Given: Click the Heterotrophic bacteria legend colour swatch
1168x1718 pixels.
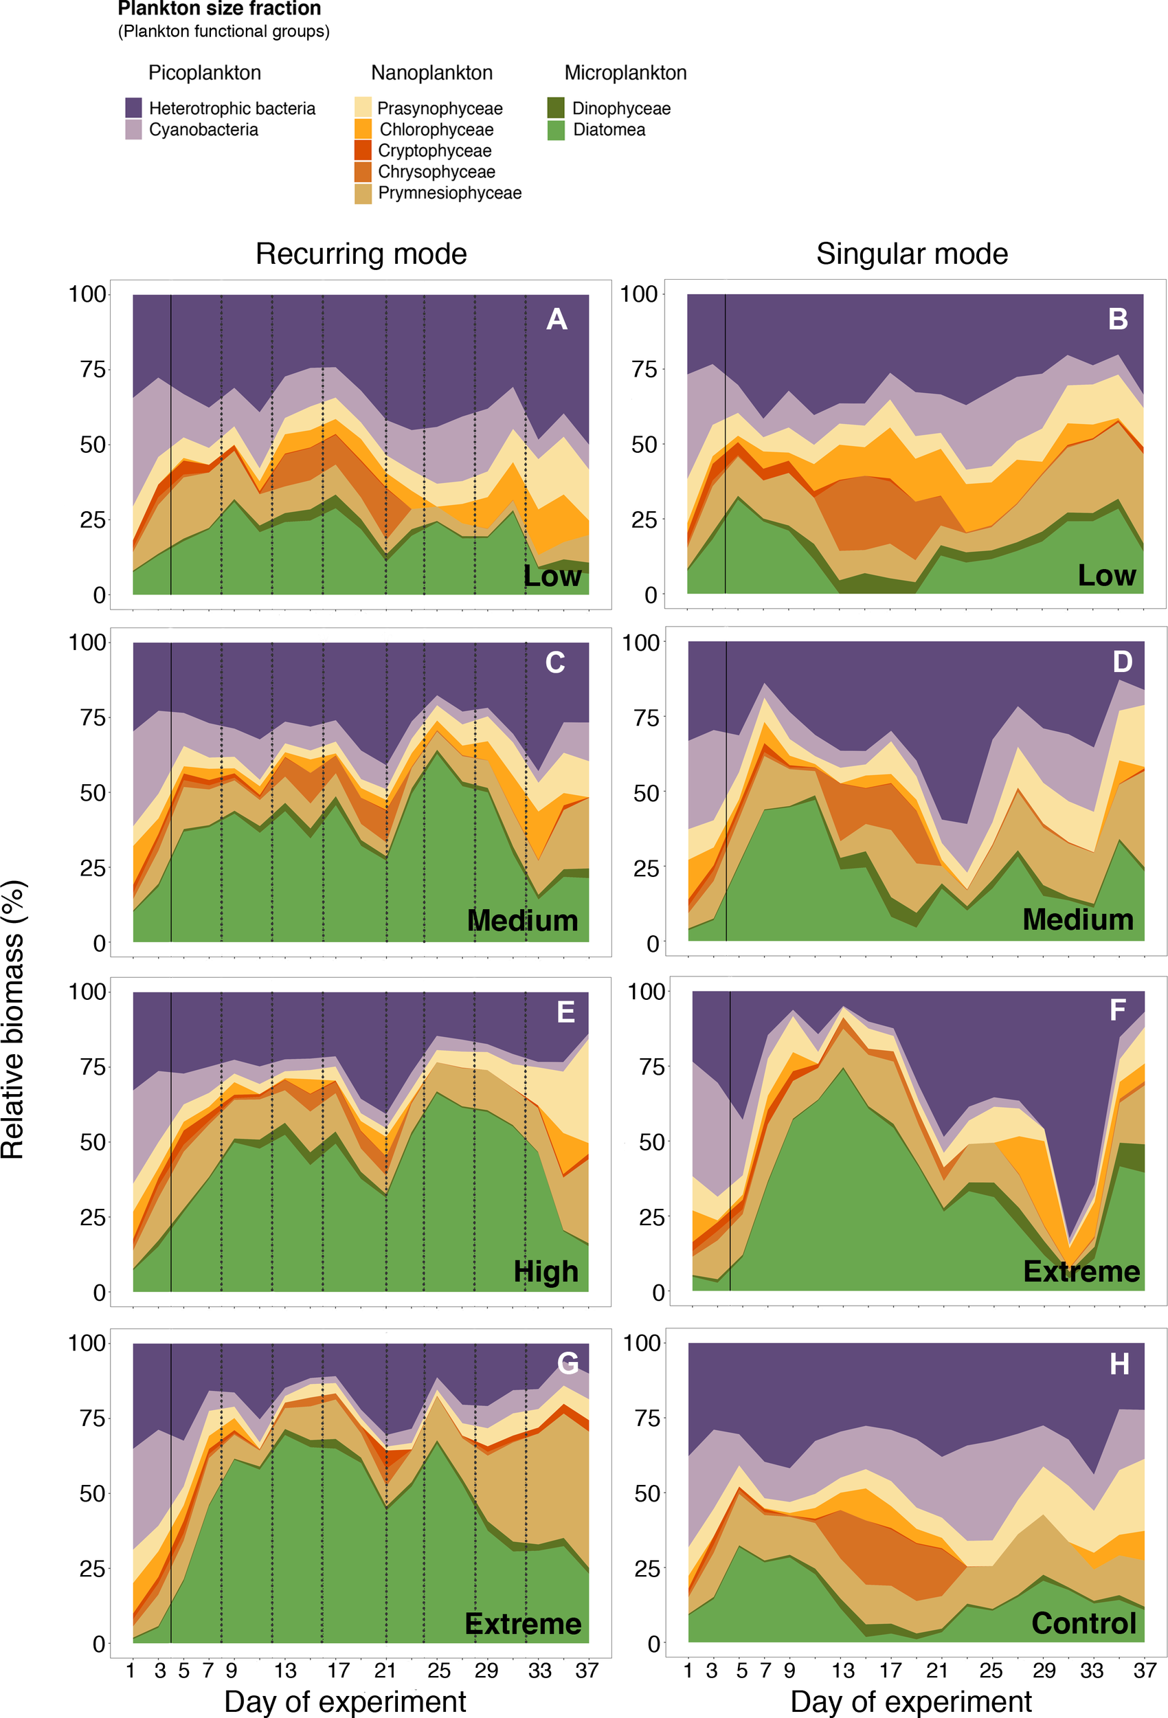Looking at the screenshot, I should click(x=133, y=108).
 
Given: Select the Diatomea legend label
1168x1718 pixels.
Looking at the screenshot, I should click(x=609, y=130).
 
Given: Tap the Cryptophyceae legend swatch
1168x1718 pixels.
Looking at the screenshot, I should click(x=362, y=150).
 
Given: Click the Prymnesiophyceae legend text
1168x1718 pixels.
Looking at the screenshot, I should click(x=449, y=193).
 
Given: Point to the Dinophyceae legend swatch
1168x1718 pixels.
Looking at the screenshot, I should click(x=556, y=108).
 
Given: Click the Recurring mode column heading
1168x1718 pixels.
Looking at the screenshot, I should click(x=361, y=254).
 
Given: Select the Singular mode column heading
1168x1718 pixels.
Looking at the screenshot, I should click(x=912, y=254).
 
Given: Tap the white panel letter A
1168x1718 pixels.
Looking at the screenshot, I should click(x=556, y=320).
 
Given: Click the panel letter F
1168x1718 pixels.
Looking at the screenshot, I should click(x=1118, y=1009).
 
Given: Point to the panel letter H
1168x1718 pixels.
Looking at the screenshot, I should click(x=1119, y=1365).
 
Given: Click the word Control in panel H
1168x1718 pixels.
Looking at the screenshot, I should click(x=1083, y=1622).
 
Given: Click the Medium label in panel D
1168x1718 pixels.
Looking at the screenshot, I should click(x=1078, y=919).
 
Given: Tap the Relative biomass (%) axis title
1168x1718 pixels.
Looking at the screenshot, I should click(x=13, y=1020).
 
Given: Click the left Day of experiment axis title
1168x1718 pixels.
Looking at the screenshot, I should click(x=344, y=1701).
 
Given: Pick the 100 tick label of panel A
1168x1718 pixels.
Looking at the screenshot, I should click(x=87, y=294).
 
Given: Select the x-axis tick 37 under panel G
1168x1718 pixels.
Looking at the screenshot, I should click(x=587, y=1670).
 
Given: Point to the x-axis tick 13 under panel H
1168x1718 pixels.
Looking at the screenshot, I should click(x=843, y=1670).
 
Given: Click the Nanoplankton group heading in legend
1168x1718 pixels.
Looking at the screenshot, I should click(x=431, y=73).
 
